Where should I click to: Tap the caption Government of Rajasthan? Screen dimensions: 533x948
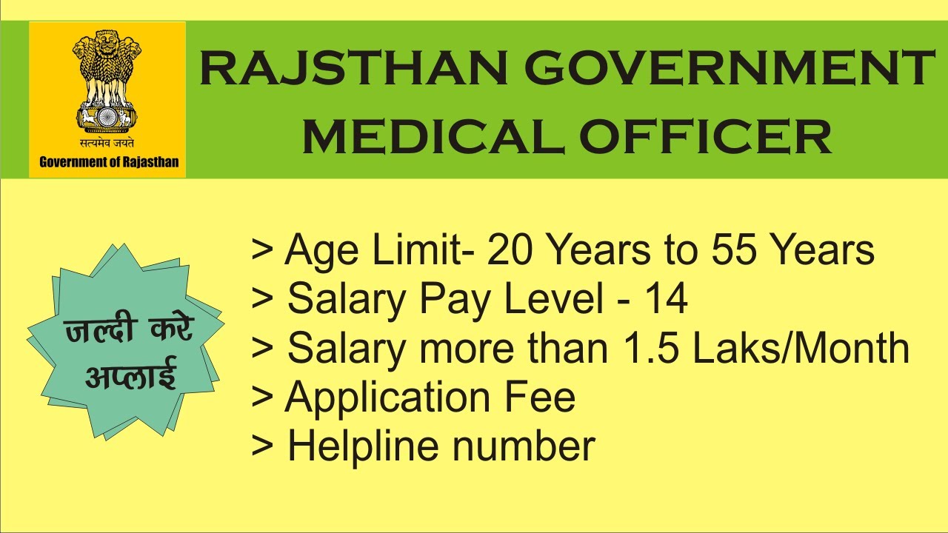[x=109, y=162]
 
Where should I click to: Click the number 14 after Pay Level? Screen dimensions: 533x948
[x=666, y=299]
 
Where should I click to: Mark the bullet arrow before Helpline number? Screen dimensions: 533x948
[x=262, y=447]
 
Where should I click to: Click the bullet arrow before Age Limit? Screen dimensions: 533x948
[x=262, y=251]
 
